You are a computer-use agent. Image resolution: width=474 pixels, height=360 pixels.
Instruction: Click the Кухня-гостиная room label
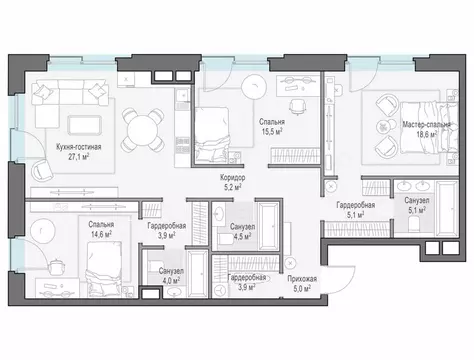coord(79,147)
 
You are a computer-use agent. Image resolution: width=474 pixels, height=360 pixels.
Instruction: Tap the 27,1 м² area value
coord(79,157)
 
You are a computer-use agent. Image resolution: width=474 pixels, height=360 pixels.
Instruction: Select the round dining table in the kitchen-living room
coord(143,129)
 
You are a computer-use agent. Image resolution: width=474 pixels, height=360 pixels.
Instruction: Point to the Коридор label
coord(233,178)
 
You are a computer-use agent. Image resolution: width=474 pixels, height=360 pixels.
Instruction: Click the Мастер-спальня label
coord(426,125)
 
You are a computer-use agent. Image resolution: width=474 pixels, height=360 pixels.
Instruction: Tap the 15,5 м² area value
coord(272,132)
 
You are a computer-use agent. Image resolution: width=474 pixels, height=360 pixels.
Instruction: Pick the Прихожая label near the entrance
coord(302,279)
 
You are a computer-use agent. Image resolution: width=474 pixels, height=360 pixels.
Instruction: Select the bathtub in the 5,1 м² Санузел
coord(447,209)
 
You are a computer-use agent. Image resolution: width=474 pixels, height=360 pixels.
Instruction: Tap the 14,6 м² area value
coord(101,234)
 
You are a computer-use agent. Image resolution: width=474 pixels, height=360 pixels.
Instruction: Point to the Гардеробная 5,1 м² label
coord(355,210)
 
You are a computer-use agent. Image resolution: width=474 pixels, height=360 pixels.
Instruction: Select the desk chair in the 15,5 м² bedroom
coord(297,107)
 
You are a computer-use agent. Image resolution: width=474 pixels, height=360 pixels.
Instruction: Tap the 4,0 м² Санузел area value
coord(171,281)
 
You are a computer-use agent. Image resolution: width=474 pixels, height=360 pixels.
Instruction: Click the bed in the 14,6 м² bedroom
coord(103,269)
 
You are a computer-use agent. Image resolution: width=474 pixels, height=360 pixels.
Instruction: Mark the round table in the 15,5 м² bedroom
coord(254,86)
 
